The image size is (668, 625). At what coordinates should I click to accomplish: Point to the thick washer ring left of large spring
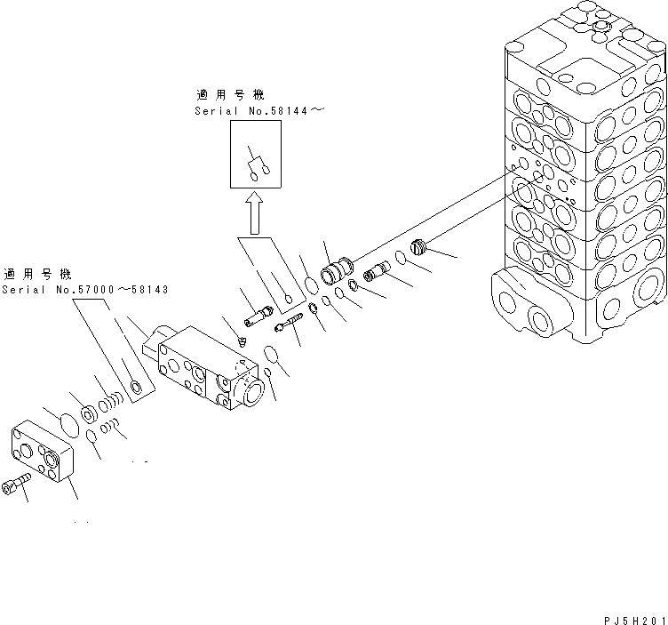click(x=90, y=413)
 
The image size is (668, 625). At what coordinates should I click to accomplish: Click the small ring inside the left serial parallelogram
click(x=135, y=385)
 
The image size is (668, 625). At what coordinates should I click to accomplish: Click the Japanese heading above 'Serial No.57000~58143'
click(x=40, y=274)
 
